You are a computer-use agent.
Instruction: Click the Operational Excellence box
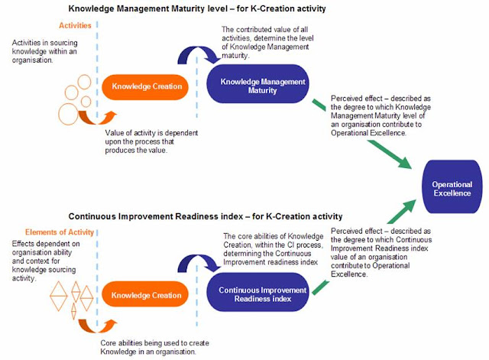[x=452, y=190]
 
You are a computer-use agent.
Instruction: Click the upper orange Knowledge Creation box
[x=147, y=86]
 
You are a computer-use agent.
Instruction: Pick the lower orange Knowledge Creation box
[x=147, y=296]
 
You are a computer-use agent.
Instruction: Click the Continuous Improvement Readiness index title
[x=205, y=216]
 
